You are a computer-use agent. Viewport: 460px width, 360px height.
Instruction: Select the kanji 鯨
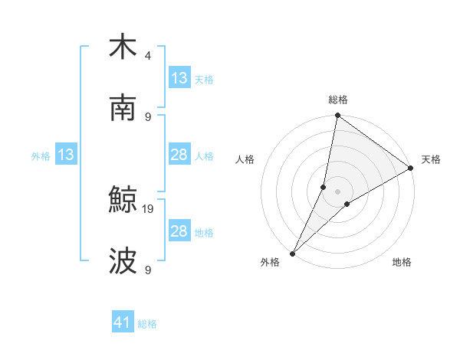(123, 200)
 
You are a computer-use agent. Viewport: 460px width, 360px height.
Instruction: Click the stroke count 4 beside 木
(148, 55)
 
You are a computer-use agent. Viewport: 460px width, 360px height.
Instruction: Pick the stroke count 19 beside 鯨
(149, 208)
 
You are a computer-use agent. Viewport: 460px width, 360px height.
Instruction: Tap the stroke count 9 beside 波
(148, 270)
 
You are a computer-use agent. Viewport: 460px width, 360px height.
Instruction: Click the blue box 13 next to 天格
(179, 78)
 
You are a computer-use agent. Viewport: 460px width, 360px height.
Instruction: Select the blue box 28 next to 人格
(179, 155)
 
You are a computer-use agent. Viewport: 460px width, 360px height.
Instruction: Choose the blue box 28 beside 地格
(179, 231)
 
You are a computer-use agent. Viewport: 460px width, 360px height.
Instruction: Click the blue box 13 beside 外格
(66, 155)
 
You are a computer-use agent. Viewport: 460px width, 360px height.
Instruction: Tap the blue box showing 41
(123, 322)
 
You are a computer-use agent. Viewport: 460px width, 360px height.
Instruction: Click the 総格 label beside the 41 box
(148, 324)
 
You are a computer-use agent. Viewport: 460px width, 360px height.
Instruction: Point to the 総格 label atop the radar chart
(338, 100)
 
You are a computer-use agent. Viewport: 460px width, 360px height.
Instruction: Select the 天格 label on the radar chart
(431, 159)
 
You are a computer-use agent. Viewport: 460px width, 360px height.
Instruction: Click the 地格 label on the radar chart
(402, 263)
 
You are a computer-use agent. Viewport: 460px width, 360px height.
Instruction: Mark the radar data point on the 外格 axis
(292, 254)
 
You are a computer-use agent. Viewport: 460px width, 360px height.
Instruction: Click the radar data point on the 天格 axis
(411, 168)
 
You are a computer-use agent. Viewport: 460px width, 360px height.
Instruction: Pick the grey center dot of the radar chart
(338, 191)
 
